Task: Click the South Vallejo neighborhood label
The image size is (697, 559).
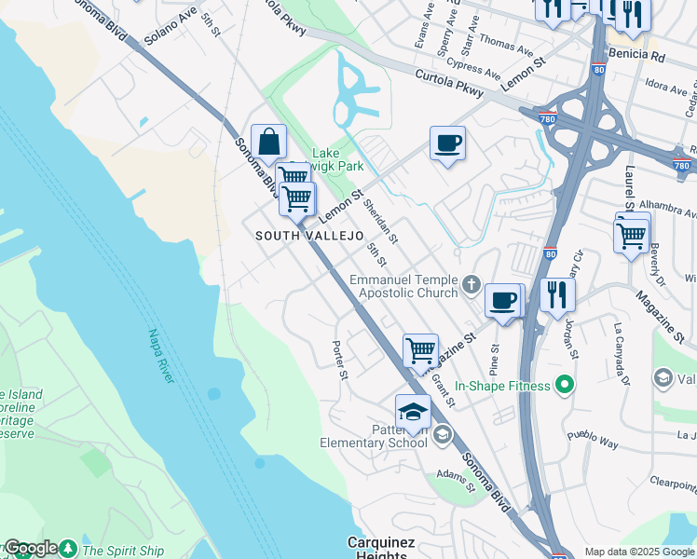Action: point(309,237)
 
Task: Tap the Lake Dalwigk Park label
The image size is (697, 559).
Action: point(336,159)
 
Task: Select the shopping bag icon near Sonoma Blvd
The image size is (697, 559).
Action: point(268,143)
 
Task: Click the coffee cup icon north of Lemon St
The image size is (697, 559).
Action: point(447,143)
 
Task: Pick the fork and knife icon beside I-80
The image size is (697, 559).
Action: point(557,294)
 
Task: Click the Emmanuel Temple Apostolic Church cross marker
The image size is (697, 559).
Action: point(472,284)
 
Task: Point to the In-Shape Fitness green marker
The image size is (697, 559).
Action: point(563,384)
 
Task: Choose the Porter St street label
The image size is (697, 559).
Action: point(340,361)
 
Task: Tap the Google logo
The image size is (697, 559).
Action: point(31,549)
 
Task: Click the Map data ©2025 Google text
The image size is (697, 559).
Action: point(639,551)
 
